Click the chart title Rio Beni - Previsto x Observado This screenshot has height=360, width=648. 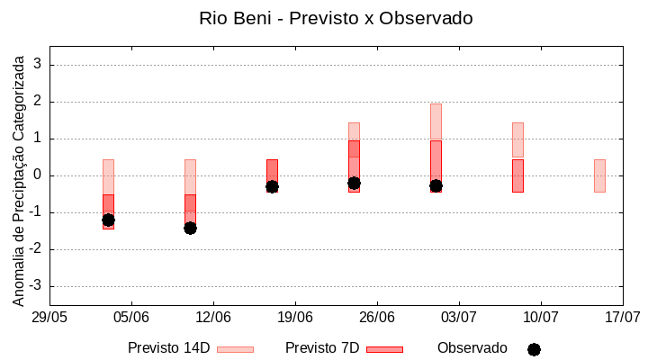(x=336, y=18)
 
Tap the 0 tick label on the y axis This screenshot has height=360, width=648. (x=38, y=175)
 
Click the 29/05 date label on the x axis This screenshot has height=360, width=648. (x=49, y=318)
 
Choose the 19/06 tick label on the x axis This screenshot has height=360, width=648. (x=295, y=318)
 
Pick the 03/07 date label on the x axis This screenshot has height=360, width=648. (x=459, y=318)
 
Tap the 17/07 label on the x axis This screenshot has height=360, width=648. (x=623, y=318)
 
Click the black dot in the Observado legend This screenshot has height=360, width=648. (x=534, y=349)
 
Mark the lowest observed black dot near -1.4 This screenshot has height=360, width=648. (x=190, y=228)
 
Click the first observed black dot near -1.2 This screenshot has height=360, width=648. (x=108, y=220)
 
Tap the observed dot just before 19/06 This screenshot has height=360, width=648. (x=272, y=186)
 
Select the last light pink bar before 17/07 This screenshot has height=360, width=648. (x=599, y=175)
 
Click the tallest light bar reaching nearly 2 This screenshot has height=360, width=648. (x=436, y=121)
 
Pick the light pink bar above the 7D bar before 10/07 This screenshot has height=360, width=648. (x=517, y=139)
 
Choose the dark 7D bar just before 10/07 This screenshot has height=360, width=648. (x=517, y=175)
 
